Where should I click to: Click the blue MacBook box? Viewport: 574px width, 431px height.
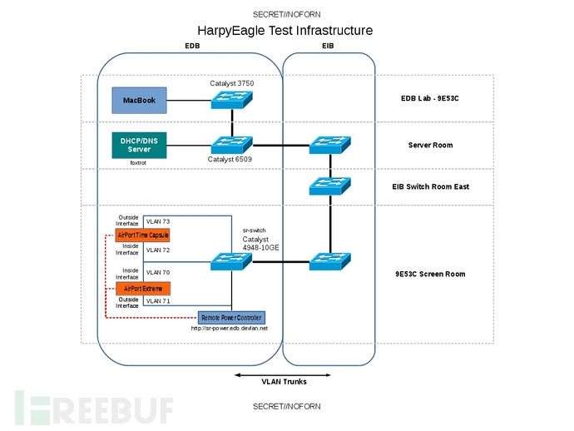click(x=139, y=101)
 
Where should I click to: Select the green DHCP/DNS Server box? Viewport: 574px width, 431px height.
click(x=139, y=144)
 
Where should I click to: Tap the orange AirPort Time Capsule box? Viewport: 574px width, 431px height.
click(x=143, y=235)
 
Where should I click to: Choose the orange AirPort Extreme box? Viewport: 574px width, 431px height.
click(x=143, y=288)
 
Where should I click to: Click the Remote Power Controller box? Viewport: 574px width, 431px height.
click(x=231, y=318)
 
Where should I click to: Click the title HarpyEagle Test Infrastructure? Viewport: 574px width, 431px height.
click(x=286, y=31)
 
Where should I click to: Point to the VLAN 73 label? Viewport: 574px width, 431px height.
click(x=157, y=221)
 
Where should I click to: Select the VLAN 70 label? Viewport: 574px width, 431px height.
click(x=157, y=271)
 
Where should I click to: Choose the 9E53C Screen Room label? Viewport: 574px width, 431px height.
click(x=430, y=274)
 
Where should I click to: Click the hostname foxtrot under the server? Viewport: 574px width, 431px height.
click(x=138, y=163)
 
